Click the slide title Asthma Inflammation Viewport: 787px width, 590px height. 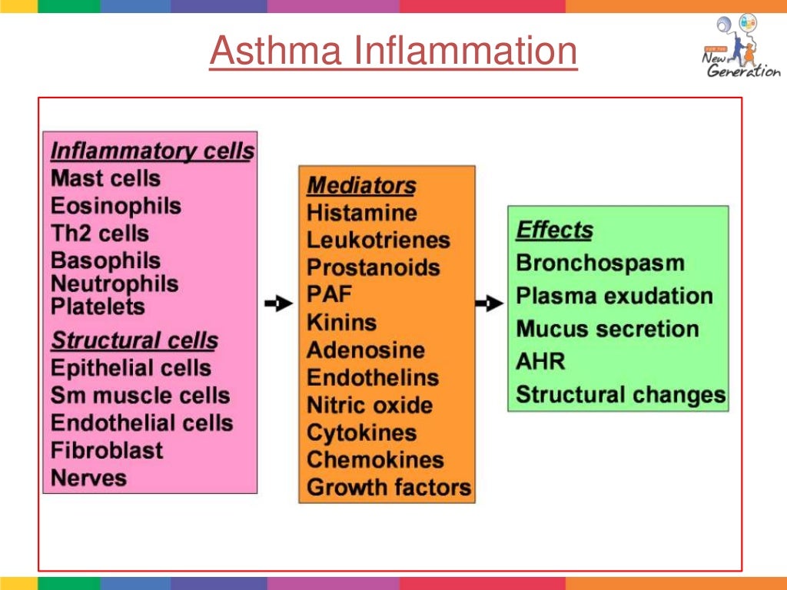[x=393, y=52]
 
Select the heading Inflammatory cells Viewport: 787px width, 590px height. [x=151, y=151]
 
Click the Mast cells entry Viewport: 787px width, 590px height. [x=105, y=179]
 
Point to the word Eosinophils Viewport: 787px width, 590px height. [x=116, y=206]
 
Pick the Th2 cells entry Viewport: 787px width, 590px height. [x=99, y=234]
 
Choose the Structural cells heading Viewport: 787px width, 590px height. [x=134, y=340]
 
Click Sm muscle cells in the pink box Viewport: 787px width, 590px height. [x=140, y=396]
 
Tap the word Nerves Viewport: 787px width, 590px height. [x=88, y=478]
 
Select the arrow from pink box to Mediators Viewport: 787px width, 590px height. [x=278, y=304]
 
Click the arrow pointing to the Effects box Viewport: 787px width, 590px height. [x=489, y=304]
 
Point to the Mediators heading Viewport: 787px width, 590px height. [x=361, y=186]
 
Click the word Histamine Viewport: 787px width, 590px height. [x=361, y=213]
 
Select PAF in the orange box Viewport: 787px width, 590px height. [x=329, y=294]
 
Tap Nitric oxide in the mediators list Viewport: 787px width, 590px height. [x=369, y=405]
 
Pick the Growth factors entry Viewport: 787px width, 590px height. [x=388, y=487]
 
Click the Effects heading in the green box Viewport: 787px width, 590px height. [x=554, y=230]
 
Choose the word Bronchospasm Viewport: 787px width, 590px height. [x=599, y=263]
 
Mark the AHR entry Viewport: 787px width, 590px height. [x=540, y=361]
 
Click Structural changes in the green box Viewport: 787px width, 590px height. [x=620, y=395]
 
